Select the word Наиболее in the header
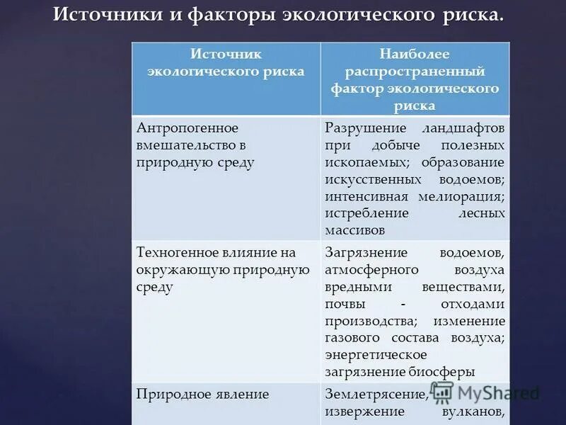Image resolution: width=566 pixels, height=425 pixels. pos(415,55)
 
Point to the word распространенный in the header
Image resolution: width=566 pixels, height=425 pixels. pos(415,72)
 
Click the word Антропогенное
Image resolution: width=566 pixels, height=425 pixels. pos(187,128)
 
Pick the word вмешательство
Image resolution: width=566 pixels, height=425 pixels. pos(183,145)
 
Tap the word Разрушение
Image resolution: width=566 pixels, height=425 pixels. pos(366,128)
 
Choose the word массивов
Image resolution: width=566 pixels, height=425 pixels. pos(355,230)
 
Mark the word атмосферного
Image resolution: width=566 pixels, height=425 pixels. pos(372,270)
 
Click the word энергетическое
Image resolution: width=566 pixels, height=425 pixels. pos(376,355)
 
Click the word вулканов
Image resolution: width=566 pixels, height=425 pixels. pos(473,412)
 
